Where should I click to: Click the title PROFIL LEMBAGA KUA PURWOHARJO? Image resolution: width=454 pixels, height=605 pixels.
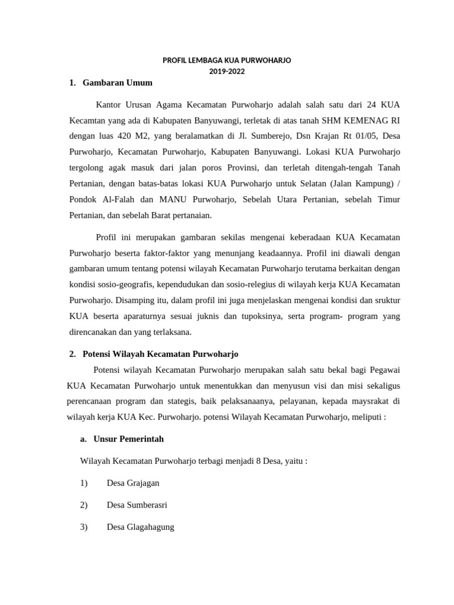227,61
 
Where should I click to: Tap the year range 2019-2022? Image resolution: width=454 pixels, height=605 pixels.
227,71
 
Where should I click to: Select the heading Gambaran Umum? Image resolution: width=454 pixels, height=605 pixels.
118,83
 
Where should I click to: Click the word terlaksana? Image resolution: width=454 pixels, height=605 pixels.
170,332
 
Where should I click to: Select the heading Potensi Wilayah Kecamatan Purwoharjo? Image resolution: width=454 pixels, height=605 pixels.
160,354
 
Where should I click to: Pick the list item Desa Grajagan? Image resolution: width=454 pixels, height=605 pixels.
133,483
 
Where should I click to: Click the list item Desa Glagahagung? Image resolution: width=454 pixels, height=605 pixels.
141,526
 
